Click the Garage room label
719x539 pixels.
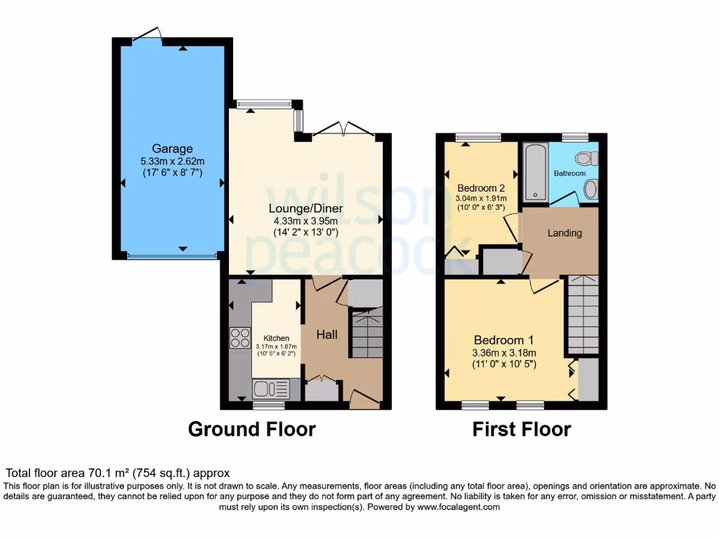coord(172,149)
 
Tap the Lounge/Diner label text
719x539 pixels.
coord(305,208)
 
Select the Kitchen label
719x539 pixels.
coord(276,338)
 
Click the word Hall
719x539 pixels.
coord(326,335)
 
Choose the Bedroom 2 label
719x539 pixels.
coord(481,188)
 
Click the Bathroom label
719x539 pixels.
coord(569,173)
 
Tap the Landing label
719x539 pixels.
coord(565,233)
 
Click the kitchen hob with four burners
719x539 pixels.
coord(240,338)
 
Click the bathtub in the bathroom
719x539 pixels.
coord(535,171)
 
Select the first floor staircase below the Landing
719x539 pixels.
coord(583,314)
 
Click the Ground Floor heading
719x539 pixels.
coord(251,429)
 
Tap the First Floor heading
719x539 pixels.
coord(521,429)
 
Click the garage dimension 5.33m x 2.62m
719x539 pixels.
coord(172,161)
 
